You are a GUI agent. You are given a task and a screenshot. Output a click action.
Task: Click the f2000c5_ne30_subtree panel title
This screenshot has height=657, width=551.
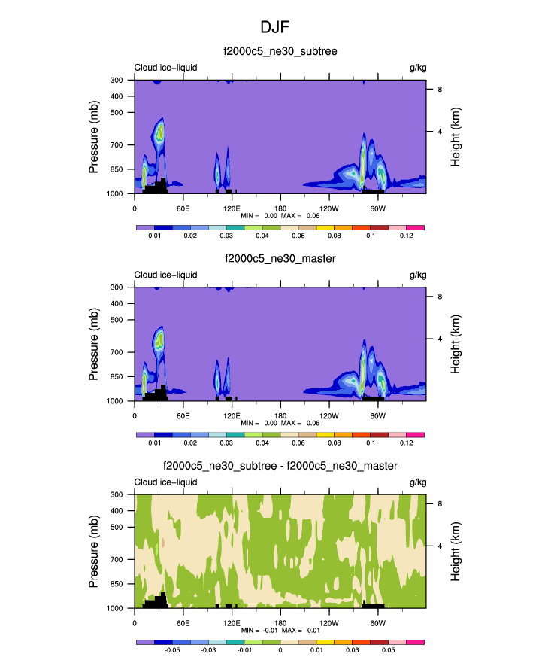point(280,51)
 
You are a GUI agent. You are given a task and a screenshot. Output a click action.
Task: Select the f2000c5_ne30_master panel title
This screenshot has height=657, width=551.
point(280,259)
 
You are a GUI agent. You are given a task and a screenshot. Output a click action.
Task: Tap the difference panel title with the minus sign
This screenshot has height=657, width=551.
point(280,467)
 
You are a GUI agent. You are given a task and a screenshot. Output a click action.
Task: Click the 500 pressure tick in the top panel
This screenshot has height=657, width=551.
point(117,112)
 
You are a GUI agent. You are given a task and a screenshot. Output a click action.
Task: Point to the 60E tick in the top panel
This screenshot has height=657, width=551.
point(183,208)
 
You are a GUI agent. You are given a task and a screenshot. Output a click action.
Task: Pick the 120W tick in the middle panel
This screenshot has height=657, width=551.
point(328,415)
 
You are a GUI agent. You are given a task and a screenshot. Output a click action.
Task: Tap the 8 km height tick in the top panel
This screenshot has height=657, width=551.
point(439,89)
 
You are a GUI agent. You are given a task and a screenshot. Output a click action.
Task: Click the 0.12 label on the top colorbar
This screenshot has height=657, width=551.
point(407,236)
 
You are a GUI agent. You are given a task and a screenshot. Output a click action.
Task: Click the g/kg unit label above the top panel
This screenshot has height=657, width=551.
point(417,68)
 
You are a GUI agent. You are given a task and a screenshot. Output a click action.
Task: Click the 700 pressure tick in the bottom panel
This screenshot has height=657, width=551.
point(117,560)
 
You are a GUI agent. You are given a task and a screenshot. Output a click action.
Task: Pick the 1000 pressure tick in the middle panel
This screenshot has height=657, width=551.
point(115,401)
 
